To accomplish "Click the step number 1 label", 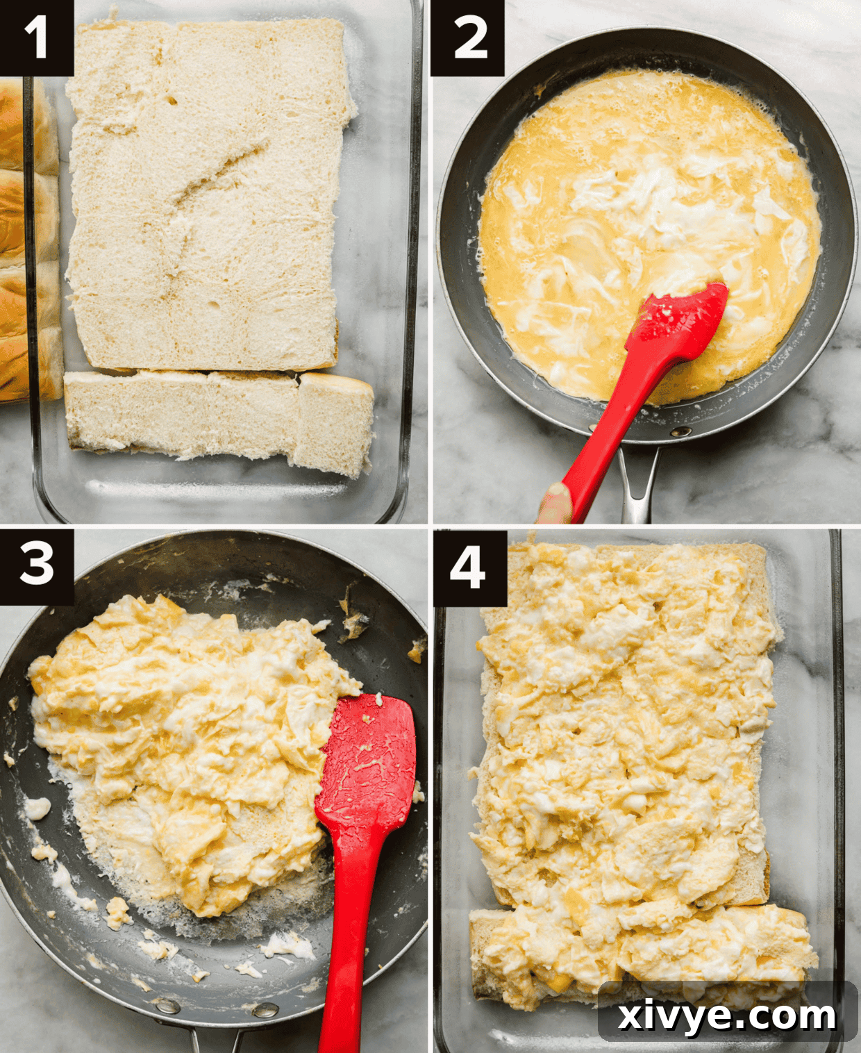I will [x=36, y=38].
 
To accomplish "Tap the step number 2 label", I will [x=467, y=38].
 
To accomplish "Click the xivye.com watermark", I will [x=727, y=1015].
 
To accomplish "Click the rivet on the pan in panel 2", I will [x=680, y=431].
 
